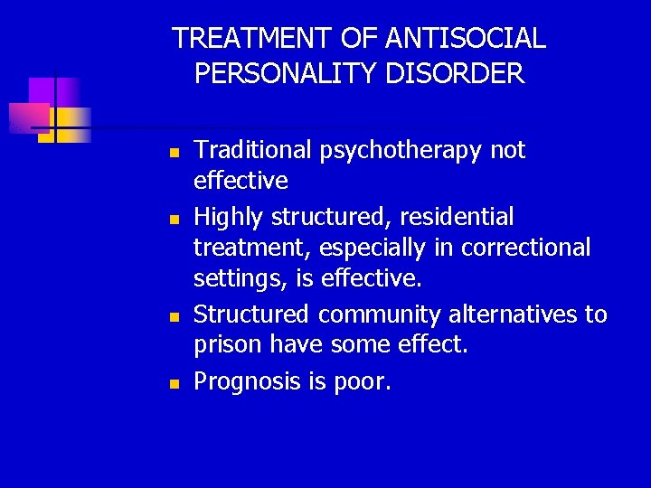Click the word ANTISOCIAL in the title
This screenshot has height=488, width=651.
466,38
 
